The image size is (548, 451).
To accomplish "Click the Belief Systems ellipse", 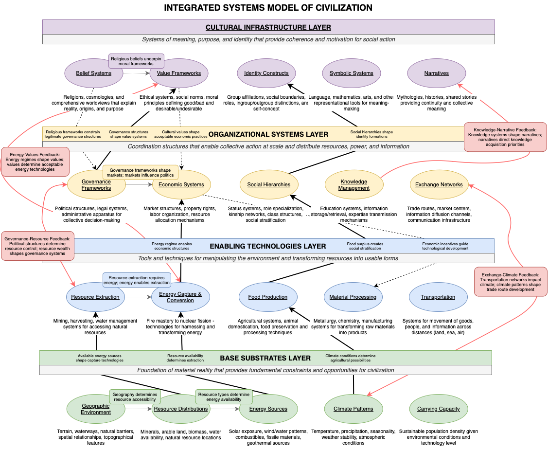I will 93,73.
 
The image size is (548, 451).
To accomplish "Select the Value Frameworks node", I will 179,73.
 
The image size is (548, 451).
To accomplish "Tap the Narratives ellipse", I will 436,73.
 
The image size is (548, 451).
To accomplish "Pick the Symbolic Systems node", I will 351,73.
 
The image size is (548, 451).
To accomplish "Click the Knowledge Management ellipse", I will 354,185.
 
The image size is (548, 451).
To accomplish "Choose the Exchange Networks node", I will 439,185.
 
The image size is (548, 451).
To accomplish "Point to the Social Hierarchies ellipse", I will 268,185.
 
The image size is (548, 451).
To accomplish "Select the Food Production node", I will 267,297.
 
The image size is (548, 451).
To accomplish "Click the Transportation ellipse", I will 438,297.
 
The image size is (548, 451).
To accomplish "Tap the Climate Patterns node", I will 353,409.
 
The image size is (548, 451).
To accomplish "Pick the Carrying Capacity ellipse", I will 438,409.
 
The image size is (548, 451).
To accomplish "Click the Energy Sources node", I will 268,409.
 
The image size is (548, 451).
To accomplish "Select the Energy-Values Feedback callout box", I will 35,162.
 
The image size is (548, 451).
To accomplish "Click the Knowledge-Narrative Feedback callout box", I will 505,137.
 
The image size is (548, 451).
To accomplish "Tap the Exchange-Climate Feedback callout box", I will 511,282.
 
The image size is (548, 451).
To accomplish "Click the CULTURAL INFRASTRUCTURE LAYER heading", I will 268,27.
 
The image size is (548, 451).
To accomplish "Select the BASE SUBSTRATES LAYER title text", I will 265,358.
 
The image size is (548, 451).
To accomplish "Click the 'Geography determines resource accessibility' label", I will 135,397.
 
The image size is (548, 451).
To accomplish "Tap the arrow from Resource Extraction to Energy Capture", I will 138,297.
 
